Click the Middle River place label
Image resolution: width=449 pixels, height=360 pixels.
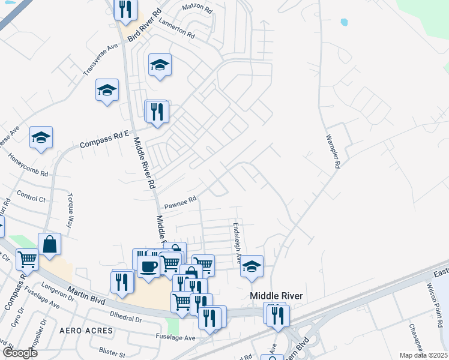click(x=276, y=296)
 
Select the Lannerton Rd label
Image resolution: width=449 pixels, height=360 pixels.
click(x=177, y=29)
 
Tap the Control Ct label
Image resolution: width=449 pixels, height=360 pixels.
click(x=31, y=197)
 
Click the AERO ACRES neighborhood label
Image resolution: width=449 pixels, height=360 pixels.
click(x=86, y=331)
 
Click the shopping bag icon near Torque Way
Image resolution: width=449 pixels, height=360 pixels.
click(x=49, y=244)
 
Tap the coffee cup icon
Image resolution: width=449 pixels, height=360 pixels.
click(x=148, y=265)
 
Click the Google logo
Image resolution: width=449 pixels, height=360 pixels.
click(x=20, y=352)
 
